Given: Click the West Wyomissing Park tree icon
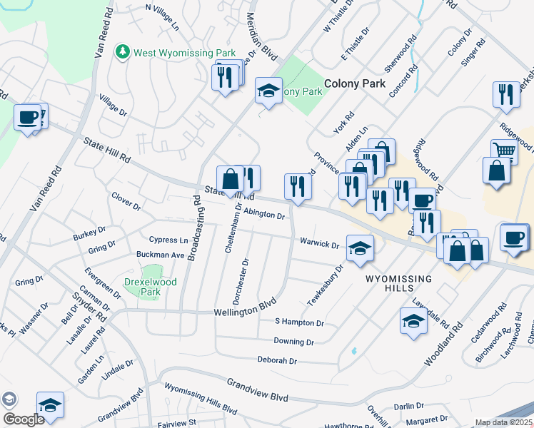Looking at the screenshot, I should (124, 52).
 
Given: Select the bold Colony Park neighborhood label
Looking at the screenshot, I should (355, 83).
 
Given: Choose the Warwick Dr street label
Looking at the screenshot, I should (318, 244).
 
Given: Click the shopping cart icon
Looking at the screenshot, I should (503, 150).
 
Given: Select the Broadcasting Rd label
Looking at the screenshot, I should (193, 228).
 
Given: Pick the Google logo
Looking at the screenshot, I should (23, 419).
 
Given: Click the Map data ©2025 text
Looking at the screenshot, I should (503, 422).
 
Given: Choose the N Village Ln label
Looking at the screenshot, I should (162, 17).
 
